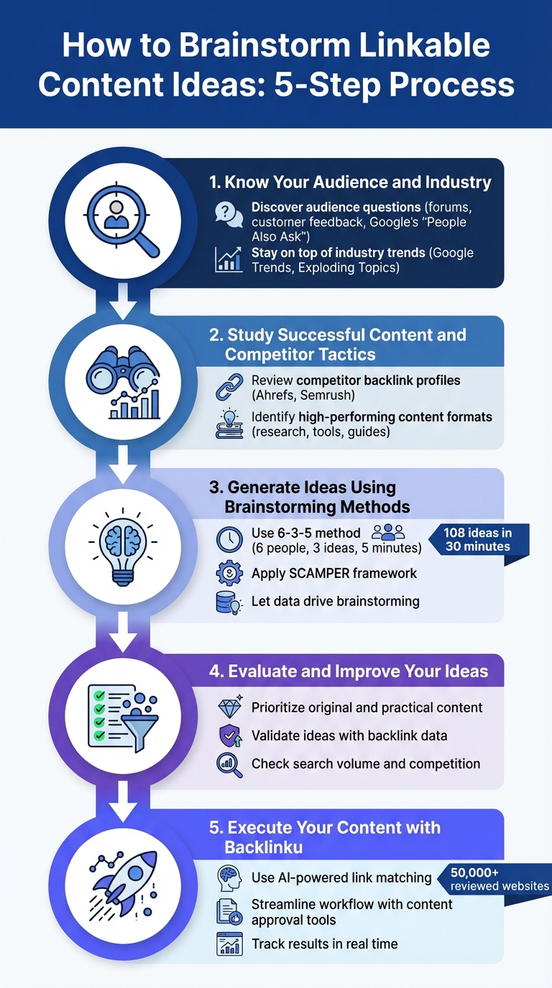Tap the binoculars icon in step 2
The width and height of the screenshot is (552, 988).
point(122,381)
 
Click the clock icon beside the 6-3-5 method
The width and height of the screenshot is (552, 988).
point(229,540)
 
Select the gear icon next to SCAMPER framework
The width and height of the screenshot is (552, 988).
point(229,573)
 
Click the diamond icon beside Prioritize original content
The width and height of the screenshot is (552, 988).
point(229,707)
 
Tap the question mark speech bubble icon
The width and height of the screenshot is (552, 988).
point(229,215)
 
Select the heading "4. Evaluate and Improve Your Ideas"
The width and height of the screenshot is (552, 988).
point(349,671)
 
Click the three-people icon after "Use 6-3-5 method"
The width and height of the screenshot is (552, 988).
point(388,532)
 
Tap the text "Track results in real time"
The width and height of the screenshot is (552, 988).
point(324,943)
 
